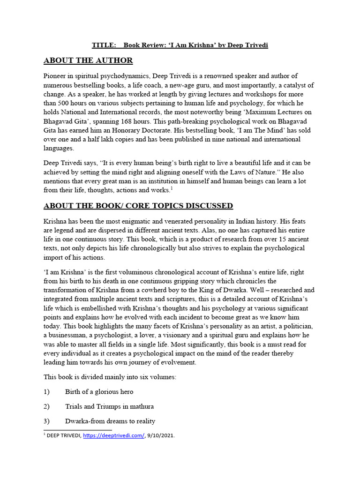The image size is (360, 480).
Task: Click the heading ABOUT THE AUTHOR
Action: (x=88, y=60)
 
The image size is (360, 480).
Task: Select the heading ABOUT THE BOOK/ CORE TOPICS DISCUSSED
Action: (x=138, y=206)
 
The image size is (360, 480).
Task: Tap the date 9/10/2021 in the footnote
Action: (x=163, y=435)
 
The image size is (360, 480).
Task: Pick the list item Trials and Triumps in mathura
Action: (x=109, y=406)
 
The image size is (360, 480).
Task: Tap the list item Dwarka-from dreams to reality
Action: (x=110, y=420)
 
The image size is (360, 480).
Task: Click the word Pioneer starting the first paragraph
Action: (x=56, y=76)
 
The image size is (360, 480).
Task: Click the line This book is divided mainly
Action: (x=110, y=377)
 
